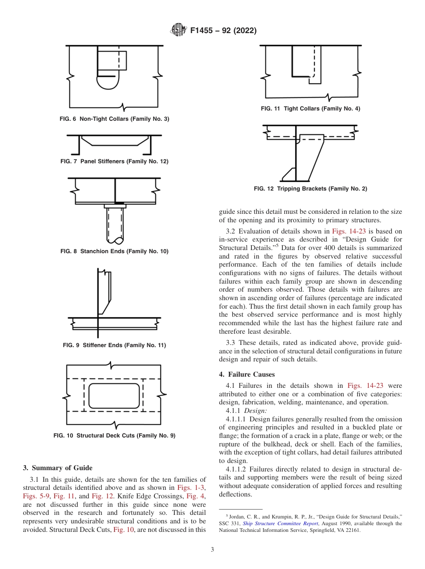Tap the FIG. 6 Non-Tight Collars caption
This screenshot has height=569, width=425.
coord(114,119)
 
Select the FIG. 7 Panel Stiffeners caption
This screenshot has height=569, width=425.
coord(114,161)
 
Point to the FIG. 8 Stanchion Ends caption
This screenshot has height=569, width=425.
coord(114,251)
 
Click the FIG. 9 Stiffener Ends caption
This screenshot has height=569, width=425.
coord(114,345)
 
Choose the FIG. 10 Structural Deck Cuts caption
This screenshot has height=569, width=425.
coord(114,435)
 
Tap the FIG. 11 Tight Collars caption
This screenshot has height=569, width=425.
coord(310,109)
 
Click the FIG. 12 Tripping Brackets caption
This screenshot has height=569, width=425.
coord(310,189)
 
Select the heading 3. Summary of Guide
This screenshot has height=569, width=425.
coord(58,468)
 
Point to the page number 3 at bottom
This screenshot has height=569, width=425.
coord(212,549)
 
